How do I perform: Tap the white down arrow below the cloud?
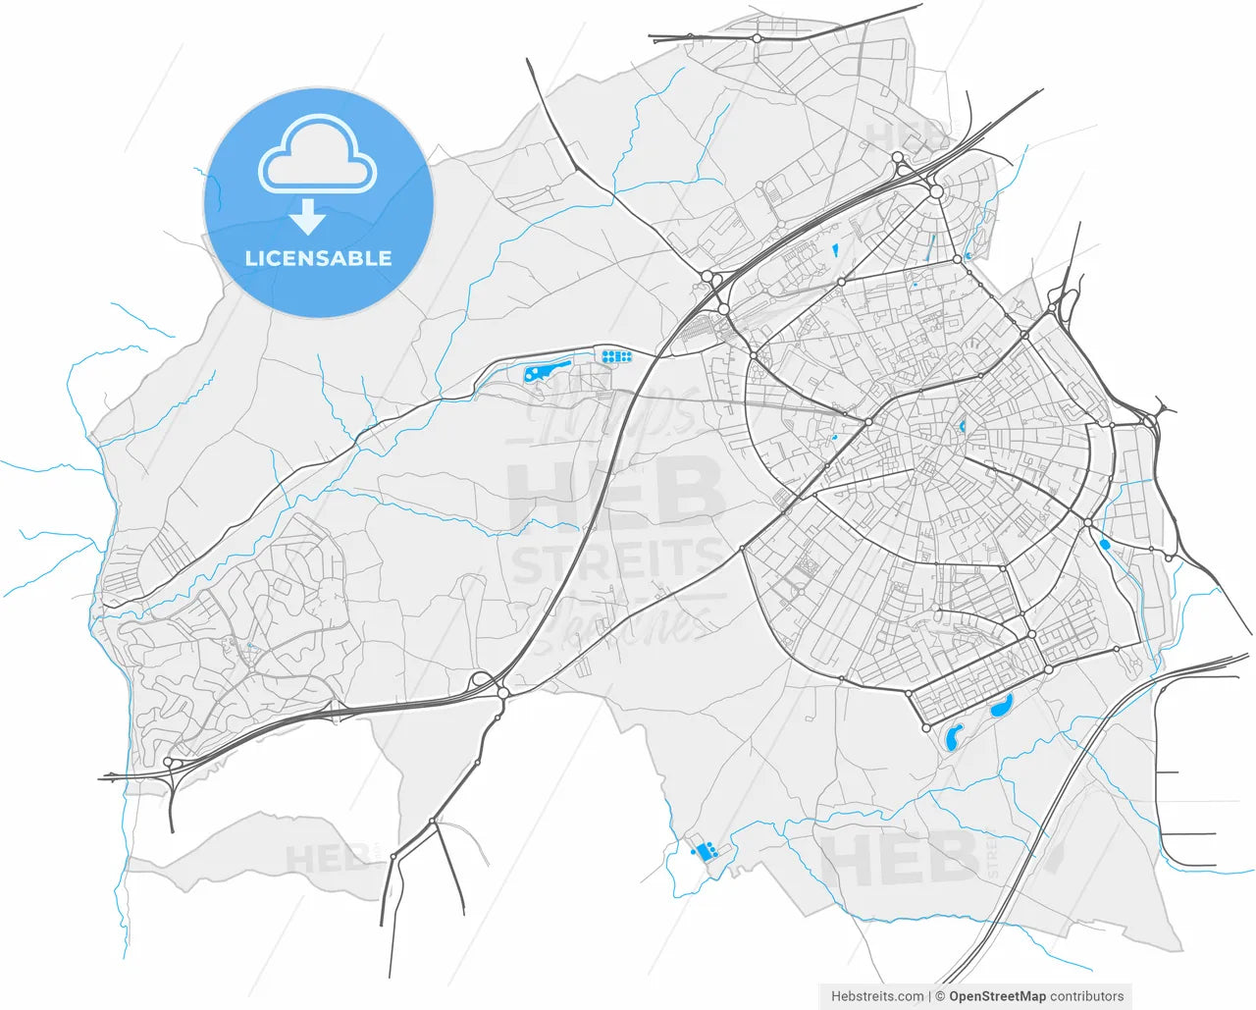[308, 216]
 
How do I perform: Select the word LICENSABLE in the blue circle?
[318, 259]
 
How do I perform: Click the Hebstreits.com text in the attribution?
[877, 996]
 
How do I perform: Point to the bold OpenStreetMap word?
[997, 996]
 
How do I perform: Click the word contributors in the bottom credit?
[1087, 996]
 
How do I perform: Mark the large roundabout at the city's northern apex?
[936, 191]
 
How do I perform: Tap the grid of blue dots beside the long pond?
[615, 356]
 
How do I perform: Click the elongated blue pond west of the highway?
[547, 370]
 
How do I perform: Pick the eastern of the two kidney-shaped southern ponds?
[1001, 705]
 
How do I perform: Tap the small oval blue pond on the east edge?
[1104, 543]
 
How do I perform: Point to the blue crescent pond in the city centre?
[962, 427]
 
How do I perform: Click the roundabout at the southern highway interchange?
[502, 693]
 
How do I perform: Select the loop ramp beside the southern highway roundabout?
[481, 679]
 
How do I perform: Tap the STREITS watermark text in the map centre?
[616, 563]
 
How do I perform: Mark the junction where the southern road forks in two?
[433, 821]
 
